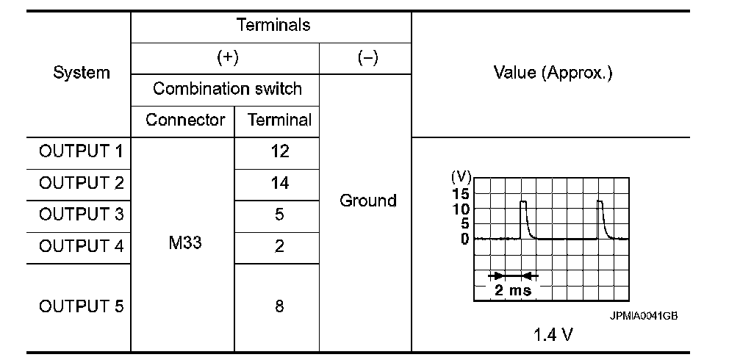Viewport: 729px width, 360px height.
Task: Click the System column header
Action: pos(82,73)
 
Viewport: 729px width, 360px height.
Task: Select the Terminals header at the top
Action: pos(273,25)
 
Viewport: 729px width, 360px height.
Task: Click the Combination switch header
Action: pos(227,89)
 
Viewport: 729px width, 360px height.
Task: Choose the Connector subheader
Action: pos(184,120)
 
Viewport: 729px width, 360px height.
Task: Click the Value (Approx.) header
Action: pos(553,73)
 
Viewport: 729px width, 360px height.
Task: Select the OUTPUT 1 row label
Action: pos(82,152)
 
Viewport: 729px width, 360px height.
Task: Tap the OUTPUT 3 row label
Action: pos(82,215)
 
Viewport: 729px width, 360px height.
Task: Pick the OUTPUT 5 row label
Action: pos(82,306)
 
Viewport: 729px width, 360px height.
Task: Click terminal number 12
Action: pos(279,152)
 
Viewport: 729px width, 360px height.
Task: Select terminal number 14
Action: pos(279,183)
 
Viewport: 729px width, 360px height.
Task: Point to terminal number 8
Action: pos(279,306)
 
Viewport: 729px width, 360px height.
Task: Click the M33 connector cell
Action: pos(184,243)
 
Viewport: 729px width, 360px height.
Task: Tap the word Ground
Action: pos(367,200)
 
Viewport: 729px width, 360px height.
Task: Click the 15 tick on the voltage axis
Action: pos(461,192)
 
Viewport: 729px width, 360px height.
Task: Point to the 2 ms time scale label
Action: pos(513,289)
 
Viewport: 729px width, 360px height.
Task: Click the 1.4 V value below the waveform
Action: pos(553,335)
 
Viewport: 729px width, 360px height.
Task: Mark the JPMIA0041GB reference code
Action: pos(642,315)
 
